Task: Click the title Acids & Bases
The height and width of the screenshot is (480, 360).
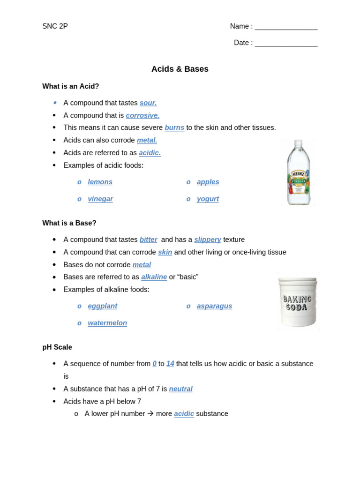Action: [180, 69]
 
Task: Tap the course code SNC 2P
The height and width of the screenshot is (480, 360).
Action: [55, 26]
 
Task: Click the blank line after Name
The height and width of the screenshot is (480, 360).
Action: [286, 27]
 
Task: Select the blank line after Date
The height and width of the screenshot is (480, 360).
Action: [286, 44]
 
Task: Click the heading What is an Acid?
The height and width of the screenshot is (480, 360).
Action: [71, 86]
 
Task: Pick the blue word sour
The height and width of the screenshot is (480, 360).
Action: [148, 103]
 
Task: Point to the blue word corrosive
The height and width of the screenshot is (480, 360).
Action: [142, 115]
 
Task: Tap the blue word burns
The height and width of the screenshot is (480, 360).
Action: [174, 127]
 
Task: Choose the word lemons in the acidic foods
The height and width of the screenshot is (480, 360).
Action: [100, 182]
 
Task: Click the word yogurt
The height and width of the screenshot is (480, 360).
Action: [208, 199]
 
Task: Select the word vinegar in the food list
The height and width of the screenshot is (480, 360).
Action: [100, 199]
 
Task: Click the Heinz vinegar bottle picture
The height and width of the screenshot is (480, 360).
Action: [299, 172]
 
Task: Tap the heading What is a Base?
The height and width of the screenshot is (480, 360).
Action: [69, 223]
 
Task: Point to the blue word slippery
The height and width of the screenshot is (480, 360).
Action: [208, 240]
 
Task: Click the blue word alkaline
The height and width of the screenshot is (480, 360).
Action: [154, 277]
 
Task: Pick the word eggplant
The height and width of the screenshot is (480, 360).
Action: [103, 306]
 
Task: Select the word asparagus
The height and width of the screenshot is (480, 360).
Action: [214, 306]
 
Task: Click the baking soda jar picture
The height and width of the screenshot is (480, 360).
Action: [298, 301]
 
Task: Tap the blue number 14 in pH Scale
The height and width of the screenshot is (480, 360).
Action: [170, 364]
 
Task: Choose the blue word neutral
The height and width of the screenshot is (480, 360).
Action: [180, 389]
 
